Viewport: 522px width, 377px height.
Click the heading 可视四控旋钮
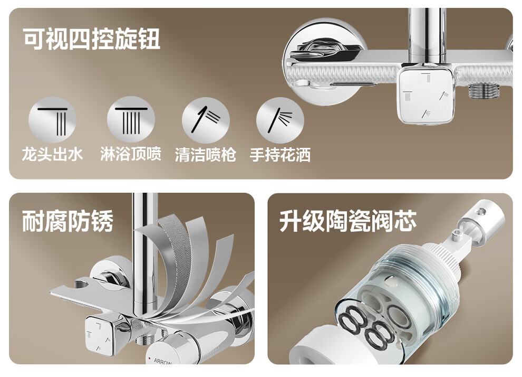click(x=92, y=39)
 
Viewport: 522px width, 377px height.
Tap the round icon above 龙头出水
click(x=52, y=120)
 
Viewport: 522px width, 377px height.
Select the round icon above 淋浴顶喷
click(x=131, y=120)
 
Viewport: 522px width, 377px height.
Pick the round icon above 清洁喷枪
click(x=206, y=120)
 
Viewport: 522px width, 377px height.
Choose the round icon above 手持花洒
click(x=281, y=120)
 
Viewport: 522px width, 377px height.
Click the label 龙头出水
click(x=52, y=154)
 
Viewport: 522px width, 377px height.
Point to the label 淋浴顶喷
click(x=131, y=154)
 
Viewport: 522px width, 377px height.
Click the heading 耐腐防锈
click(x=67, y=221)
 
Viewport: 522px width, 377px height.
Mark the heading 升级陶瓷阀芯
click(x=348, y=221)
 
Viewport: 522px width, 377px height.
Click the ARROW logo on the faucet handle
click(x=163, y=361)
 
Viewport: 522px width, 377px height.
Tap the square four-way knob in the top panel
click(x=427, y=95)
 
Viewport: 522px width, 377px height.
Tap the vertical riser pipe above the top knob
click(x=428, y=36)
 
